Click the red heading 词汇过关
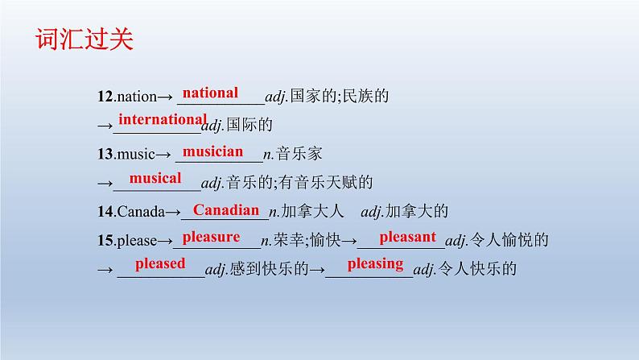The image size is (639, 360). pyautogui.click(x=85, y=39)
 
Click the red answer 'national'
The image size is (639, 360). pyautogui.click(x=210, y=93)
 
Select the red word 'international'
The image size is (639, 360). pyautogui.click(x=163, y=119)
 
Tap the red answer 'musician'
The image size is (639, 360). pyautogui.click(x=212, y=151)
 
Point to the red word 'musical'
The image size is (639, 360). pyautogui.click(x=155, y=178)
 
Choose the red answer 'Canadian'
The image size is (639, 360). pyautogui.click(x=226, y=210)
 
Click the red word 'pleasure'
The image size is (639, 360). pyautogui.click(x=211, y=237)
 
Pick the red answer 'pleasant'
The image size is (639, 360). pyautogui.click(x=407, y=237)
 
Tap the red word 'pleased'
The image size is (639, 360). pyautogui.click(x=160, y=263)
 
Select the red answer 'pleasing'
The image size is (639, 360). pyautogui.click(x=375, y=264)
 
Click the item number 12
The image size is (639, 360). pyautogui.click(x=105, y=97)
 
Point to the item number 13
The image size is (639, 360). pyautogui.click(x=105, y=154)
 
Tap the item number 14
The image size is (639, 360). pyautogui.click(x=105, y=212)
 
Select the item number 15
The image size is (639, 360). pyautogui.click(x=105, y=241)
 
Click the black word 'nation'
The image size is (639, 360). pyautogui.click(x=137, y=97)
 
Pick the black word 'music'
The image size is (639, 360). pyautogui.click(x=136, y=154)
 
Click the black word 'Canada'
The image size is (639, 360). pyautogui.click(x=141, y=212)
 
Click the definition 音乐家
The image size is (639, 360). pyautogui.click(x=299, y=154)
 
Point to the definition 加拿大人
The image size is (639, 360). pyautogui.click(x=312, y=211)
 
